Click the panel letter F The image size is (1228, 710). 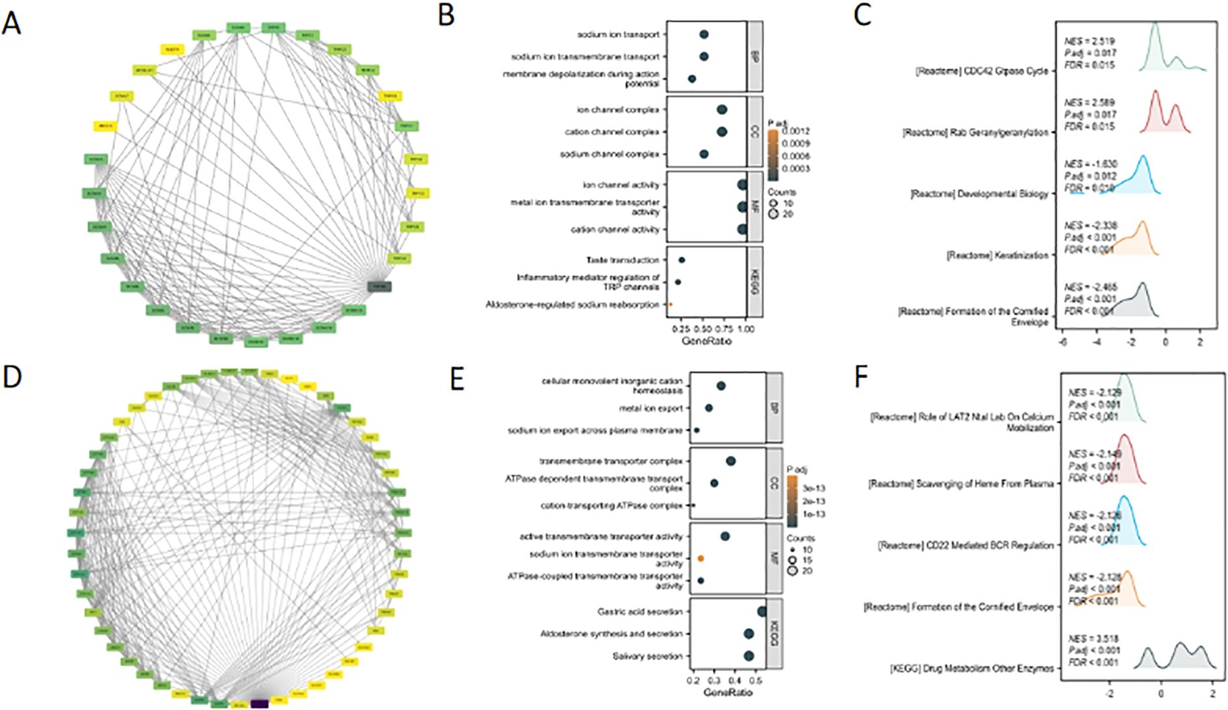861,377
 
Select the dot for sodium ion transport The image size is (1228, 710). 704,34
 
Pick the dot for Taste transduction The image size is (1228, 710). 682,260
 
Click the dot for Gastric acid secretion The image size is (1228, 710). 761,611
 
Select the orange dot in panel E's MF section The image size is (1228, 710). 701,558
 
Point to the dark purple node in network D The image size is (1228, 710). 259,703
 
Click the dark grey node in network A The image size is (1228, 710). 379,286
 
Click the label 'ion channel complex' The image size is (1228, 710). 618,110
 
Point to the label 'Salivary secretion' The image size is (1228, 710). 647,656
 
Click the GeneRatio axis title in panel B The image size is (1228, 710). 706,340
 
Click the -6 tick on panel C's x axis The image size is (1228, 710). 1062,342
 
